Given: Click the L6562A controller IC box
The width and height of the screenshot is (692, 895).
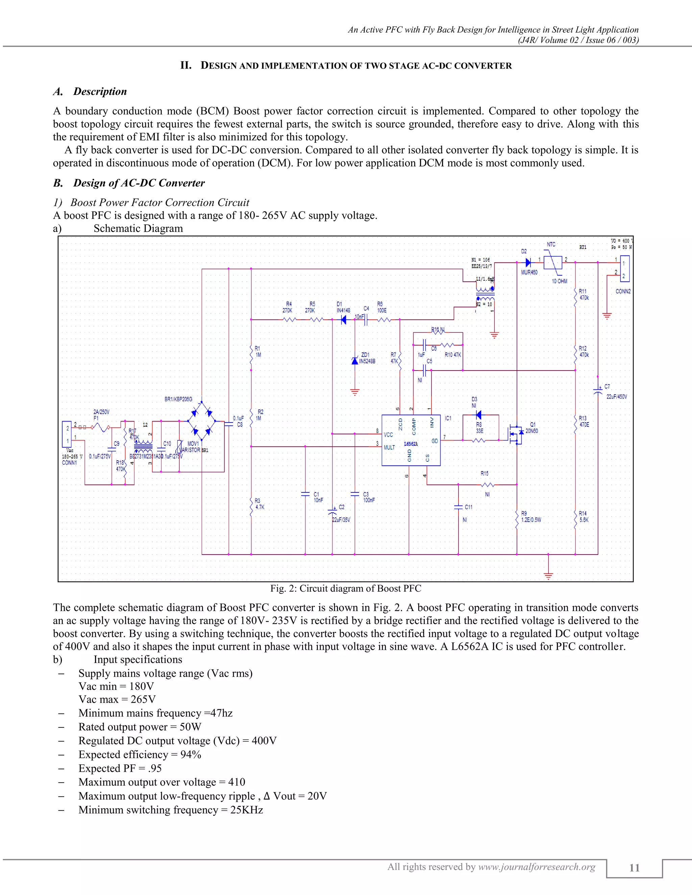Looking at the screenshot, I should [411, 440].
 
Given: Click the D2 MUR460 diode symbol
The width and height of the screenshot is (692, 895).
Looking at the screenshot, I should [528, 262].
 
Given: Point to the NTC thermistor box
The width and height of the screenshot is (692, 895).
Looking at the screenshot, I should [552, 262].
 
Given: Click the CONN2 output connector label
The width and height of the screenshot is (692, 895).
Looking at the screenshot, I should [623, 291].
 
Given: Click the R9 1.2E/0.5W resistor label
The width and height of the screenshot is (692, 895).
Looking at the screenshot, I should [531, 517].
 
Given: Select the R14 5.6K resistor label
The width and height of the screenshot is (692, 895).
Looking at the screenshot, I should [583, 517].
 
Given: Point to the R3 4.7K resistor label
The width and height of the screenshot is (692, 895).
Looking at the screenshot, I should [259, 504].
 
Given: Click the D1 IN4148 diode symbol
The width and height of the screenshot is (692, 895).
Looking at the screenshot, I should [344, 319].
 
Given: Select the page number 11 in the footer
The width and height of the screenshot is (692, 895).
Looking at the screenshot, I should [634, 868].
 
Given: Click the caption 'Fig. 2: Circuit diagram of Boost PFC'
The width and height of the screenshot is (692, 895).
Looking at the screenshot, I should [346, 588].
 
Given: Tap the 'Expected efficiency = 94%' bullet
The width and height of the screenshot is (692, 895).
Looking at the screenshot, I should [140, 755].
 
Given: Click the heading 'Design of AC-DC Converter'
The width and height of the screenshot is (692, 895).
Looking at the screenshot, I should [139, 183].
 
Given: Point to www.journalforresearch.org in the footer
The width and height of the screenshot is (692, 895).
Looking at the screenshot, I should [537, 867].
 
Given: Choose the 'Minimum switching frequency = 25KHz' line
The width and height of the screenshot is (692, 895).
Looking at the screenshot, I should [171, 810].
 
